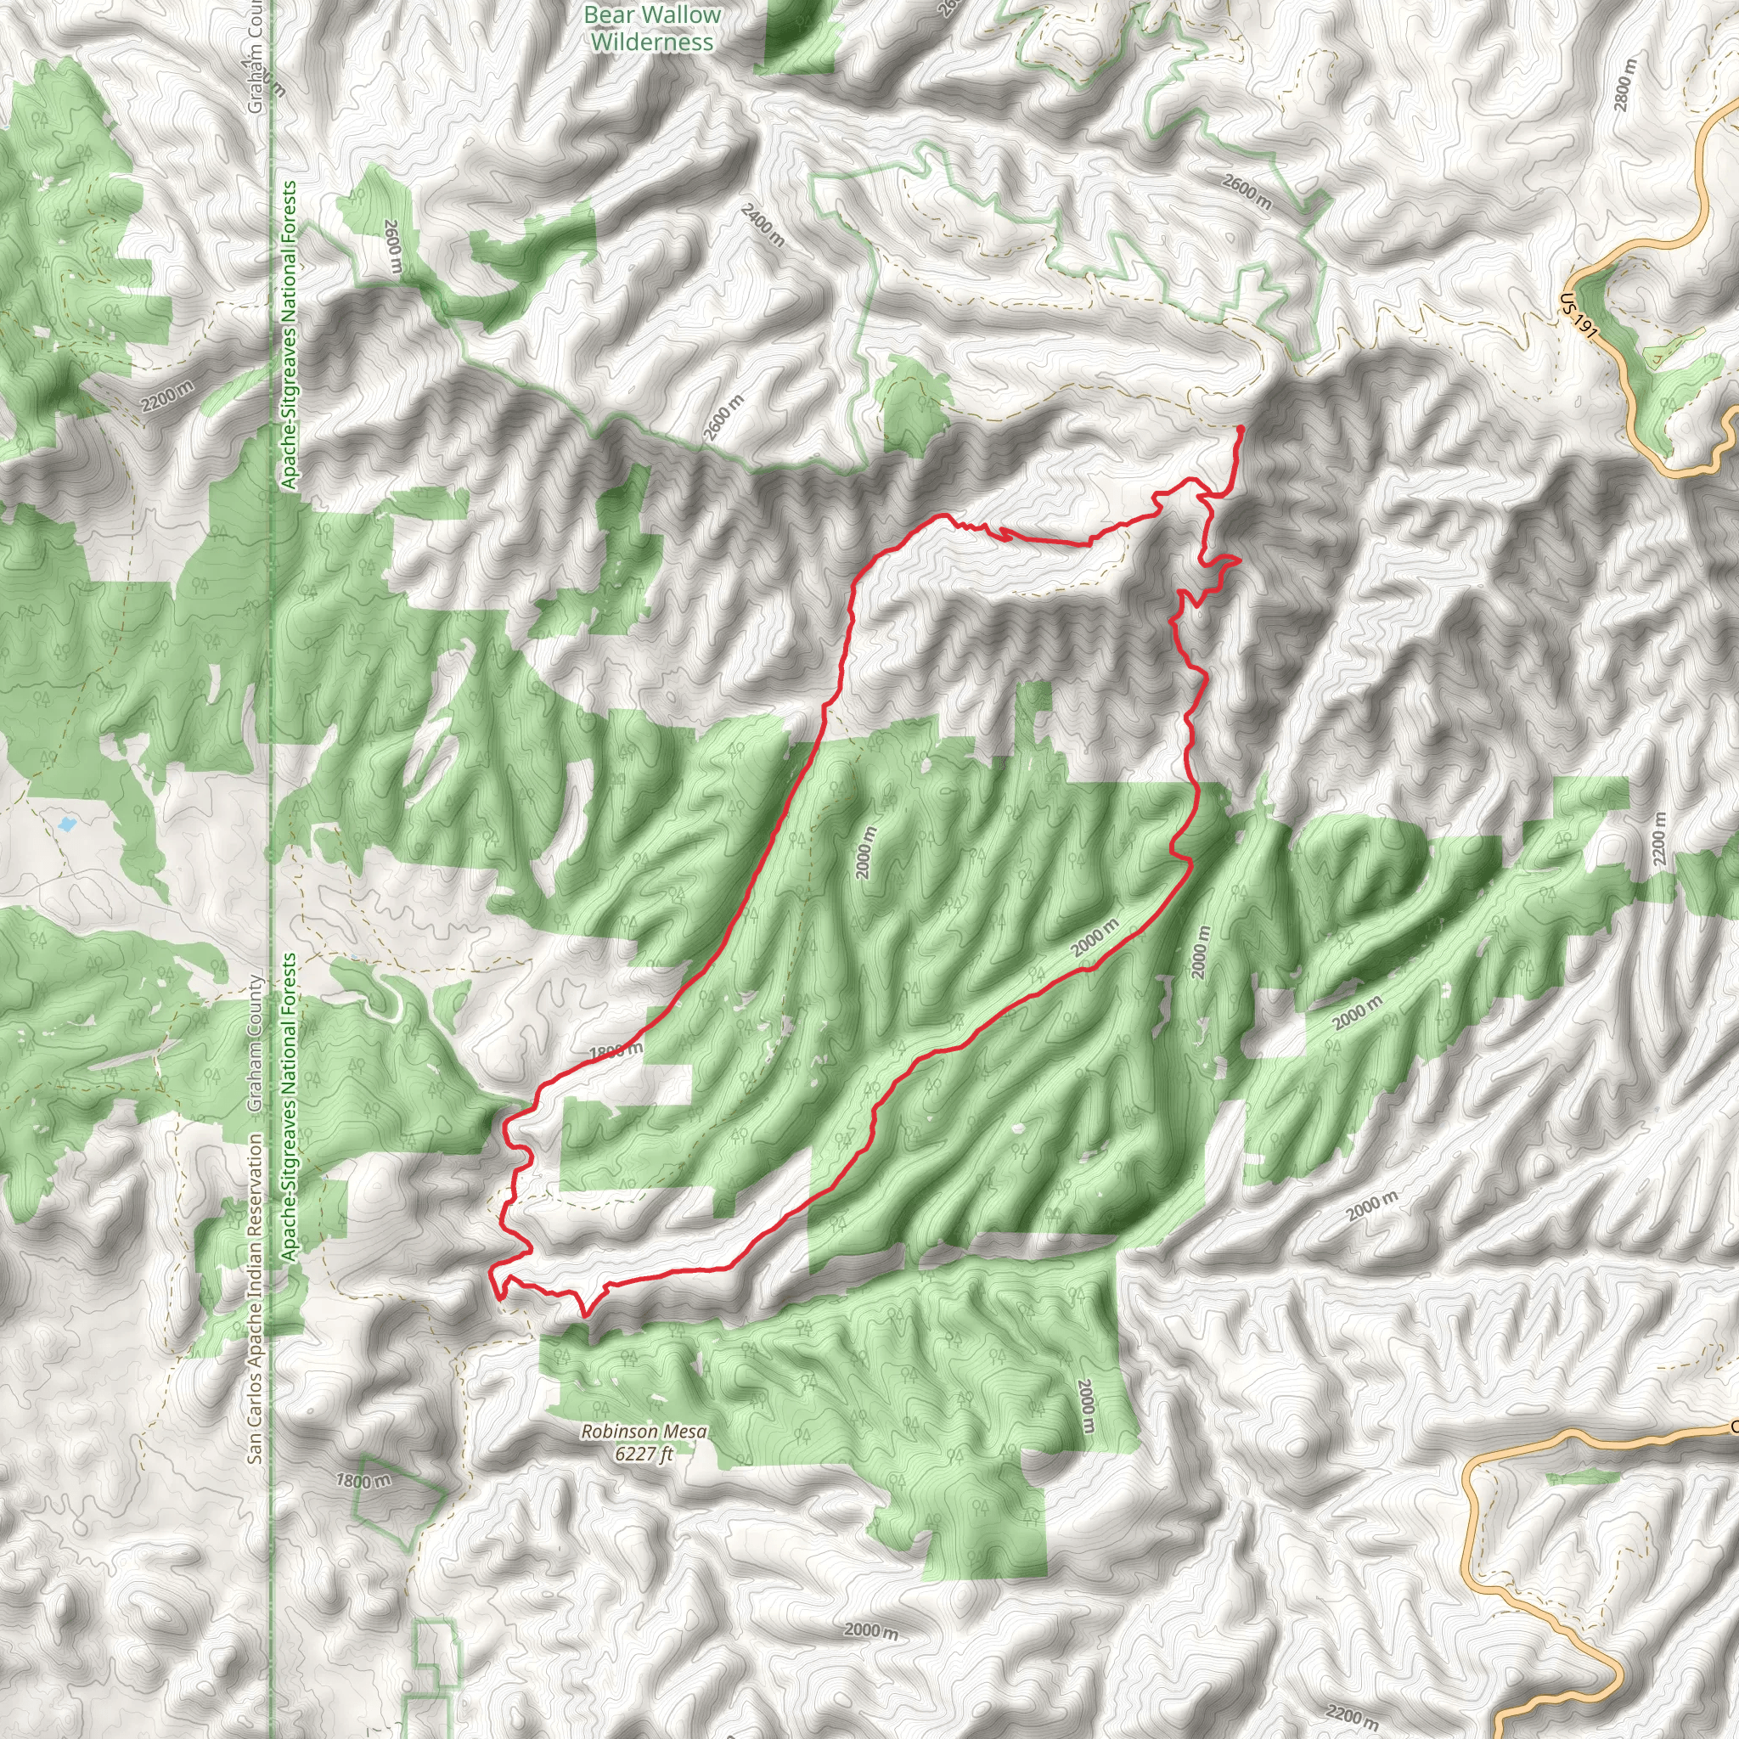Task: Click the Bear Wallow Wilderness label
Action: click(x=653, y=28)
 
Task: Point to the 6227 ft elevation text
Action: click(x=644, y=1452)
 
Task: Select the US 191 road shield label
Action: click(x=1579, y=318)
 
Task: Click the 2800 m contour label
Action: click(x=1625, y=85)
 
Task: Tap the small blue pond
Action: click(x=65, y=823)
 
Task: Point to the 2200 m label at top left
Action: click(x=167, y=397)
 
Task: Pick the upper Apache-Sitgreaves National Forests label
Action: click(x=289, y=335)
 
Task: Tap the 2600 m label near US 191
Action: click(x=1247, y=192)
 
